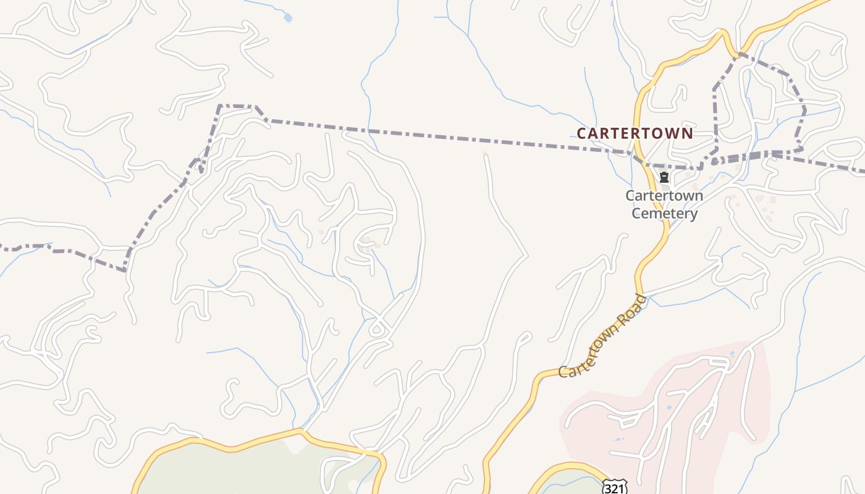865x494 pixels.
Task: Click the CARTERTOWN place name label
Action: pos(635,133)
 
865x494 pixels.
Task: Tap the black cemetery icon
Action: pos(664,178)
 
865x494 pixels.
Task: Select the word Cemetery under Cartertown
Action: pos(664,214)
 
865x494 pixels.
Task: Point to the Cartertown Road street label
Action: pos(602,337)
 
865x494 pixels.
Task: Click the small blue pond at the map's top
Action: pos(287,18)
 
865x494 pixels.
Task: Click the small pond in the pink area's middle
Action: pos(670,408)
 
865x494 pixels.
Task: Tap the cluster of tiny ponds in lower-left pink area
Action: pos(618,439)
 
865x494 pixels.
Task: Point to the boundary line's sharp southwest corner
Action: pos(125,270)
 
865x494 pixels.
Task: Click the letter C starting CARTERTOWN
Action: pos(581,133)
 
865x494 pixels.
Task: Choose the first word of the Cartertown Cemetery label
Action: pos(664,196)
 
